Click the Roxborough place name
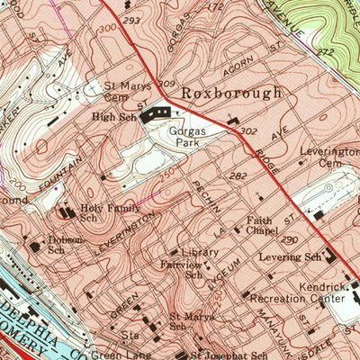pos(231,93)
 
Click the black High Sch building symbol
pos(159,112)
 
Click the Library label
pos(200,253)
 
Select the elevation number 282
pos(238,176)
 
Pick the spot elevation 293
pos(133,19)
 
